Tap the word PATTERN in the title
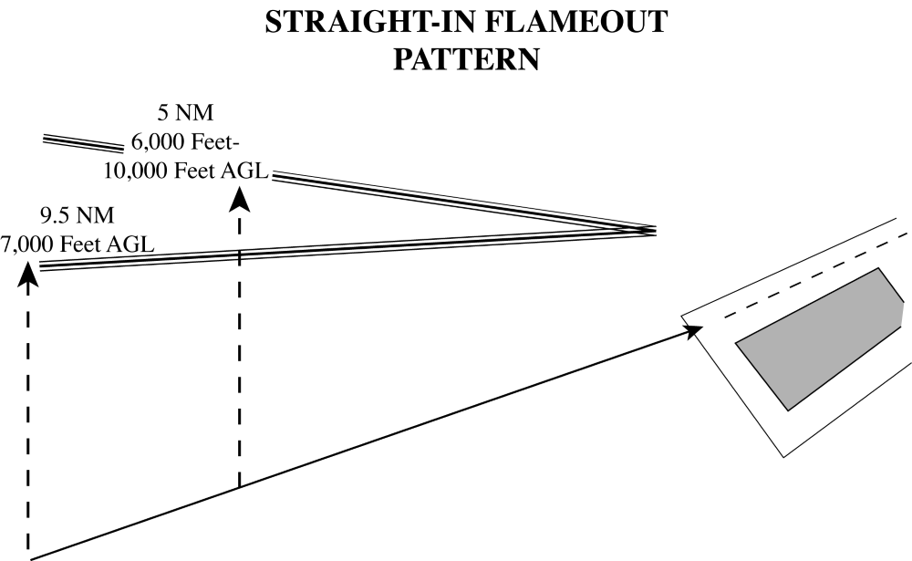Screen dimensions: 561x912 (x=466, y=59)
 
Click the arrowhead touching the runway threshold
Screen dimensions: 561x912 (x=693, y=332)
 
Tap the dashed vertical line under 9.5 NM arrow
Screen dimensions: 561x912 (x=28, y=410)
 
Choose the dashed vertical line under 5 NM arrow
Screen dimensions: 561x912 (x=240, y=365)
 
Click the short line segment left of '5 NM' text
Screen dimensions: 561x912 (x=83, y=143)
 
